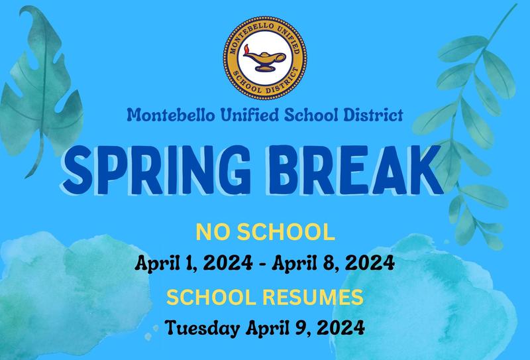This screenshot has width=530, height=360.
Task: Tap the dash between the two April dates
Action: tap(265, 263)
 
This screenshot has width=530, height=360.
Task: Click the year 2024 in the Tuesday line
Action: tap(342, 328)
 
